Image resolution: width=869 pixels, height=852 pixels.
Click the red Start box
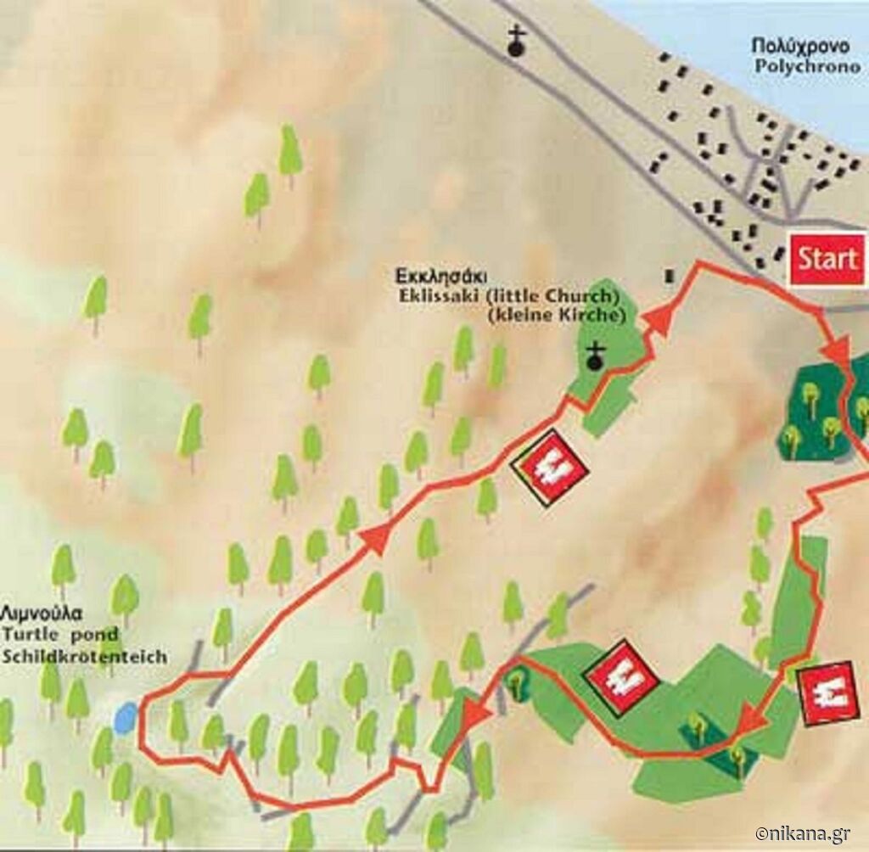coord(827,258)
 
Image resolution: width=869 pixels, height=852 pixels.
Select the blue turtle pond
coord(125,719)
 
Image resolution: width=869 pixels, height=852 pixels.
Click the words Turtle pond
coord(59,634)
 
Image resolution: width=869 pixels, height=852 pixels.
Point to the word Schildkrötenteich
coord(84,656)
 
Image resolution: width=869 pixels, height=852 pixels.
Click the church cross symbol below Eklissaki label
coord(597,358)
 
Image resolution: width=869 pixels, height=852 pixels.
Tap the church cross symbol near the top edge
coord(515,42)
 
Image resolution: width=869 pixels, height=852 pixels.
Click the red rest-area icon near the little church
coord(549,468)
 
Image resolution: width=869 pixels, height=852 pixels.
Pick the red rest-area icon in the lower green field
coord(622,676)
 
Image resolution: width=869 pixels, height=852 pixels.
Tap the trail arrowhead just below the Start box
coord(837,349)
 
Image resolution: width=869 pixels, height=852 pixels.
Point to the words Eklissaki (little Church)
coord(507,297)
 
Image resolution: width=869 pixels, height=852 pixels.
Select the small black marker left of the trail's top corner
coord(670,276)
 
